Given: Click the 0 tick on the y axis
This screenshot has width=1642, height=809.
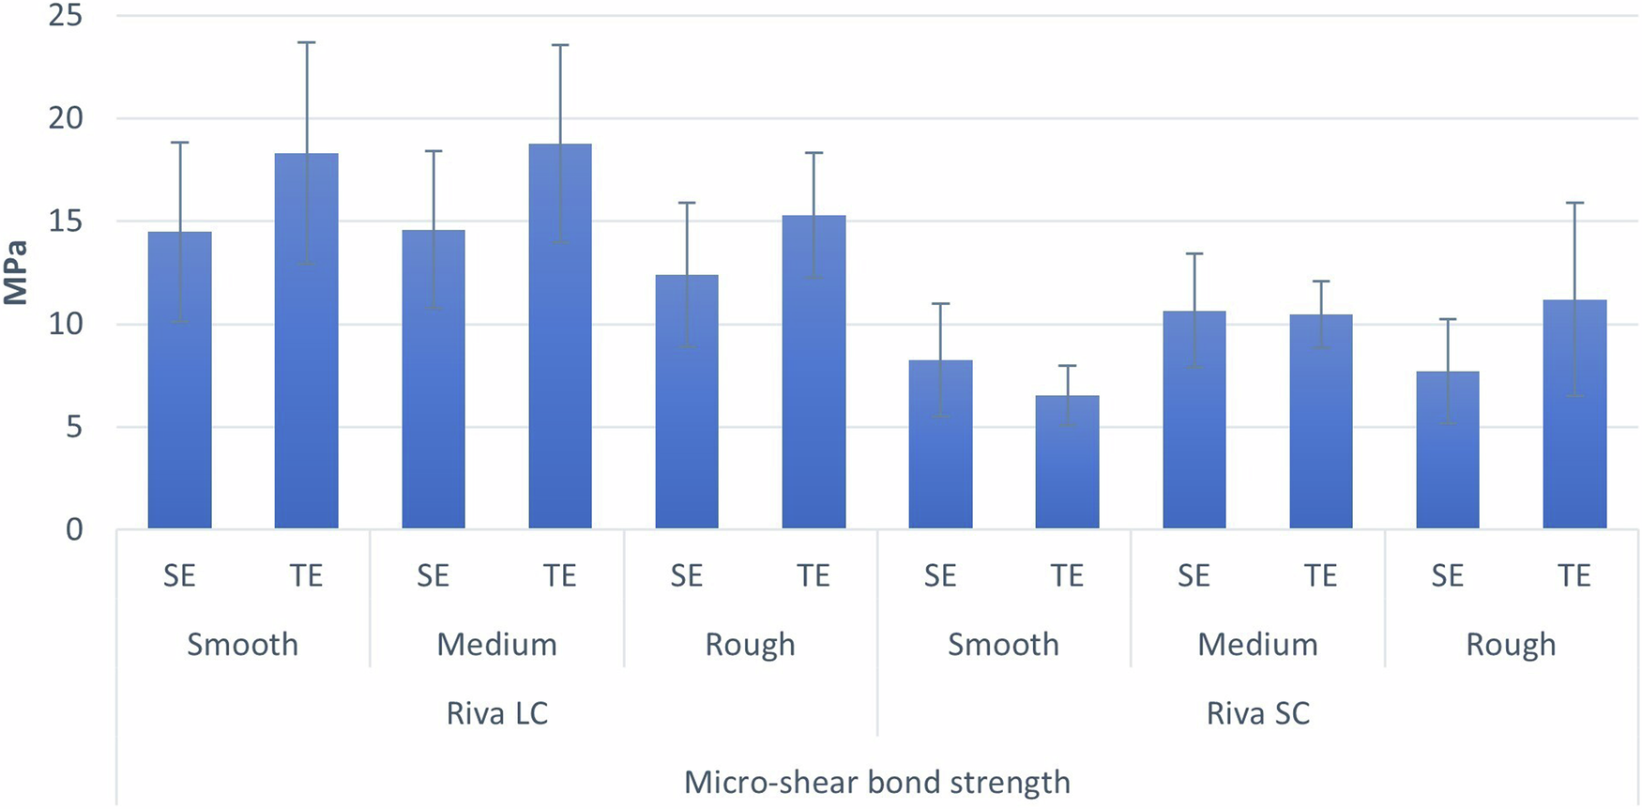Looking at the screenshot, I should [74, 529].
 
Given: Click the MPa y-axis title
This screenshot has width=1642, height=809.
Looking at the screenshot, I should [16, 273].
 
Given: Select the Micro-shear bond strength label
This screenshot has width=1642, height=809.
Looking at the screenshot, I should [876, 782].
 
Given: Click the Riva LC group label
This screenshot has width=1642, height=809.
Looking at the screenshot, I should [496, 713].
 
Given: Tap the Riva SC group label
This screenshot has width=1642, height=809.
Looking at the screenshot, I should [1257, 713].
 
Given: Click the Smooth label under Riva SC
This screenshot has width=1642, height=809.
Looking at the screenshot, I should [1003, 645].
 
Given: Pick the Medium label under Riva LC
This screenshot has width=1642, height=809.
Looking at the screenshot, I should [496, 645].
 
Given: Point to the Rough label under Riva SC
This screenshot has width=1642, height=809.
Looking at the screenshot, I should [1511, 645].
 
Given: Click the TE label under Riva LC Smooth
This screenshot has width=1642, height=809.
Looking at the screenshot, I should [306, 575].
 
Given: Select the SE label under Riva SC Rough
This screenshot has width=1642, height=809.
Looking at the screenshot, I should [1447, 575].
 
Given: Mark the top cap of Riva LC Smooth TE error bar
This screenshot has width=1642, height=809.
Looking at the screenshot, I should [306, 42].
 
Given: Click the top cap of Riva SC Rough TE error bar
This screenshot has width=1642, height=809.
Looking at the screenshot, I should [1574, 203].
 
